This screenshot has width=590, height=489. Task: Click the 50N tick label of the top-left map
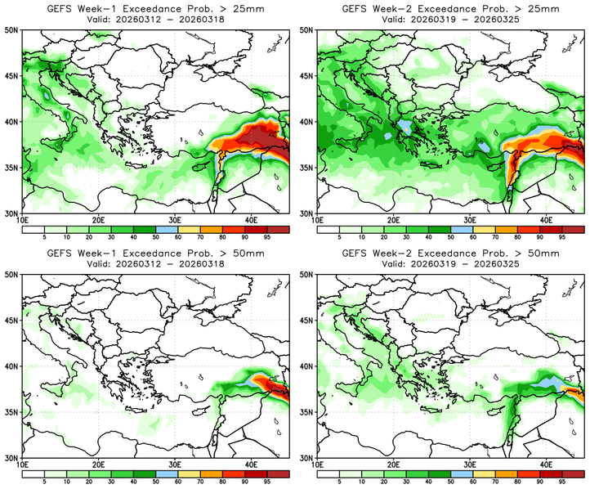point(12,29)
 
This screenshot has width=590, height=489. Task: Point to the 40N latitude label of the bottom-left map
point(12,366)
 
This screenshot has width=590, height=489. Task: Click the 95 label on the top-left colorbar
point(266,237)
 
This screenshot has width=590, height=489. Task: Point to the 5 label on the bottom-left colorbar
point(45,482)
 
